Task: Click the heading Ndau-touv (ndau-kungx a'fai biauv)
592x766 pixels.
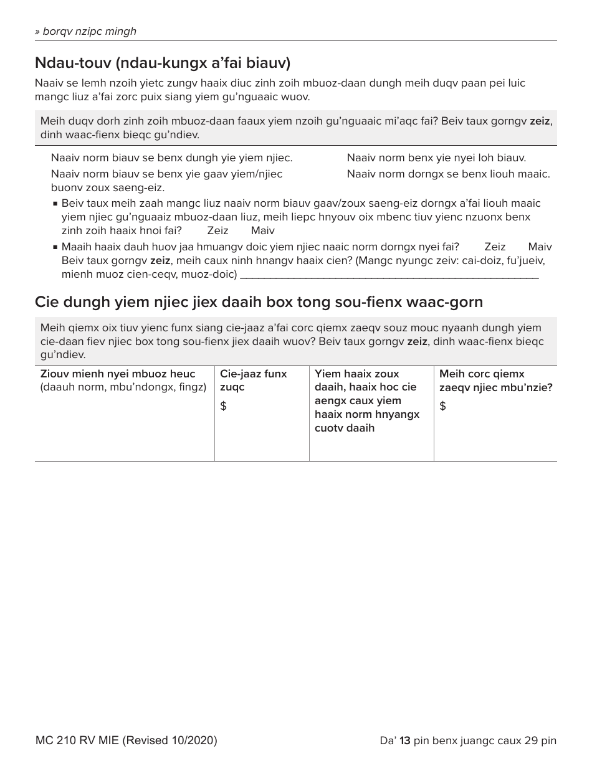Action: coord(163,63)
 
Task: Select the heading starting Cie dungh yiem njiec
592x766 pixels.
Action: coord(259,302)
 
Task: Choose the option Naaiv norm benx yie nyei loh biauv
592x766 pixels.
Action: coord(436,158)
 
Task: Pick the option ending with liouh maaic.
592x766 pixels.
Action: coord(448,174)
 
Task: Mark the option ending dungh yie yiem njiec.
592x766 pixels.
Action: coord(171,158)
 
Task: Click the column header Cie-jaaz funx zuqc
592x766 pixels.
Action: coord(253,381)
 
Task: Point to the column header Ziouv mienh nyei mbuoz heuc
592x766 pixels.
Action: coord(118,374)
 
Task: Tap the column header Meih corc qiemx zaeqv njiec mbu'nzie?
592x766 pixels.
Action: coord(495,381)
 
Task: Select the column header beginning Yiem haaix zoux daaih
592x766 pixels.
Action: coord(367,400)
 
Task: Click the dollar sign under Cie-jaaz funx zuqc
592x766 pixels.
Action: coord(224,407)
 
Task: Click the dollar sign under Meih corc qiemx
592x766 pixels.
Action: coord(443,407)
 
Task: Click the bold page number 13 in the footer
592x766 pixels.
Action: coord(405,740)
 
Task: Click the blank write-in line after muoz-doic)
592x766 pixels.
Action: coord(389,275)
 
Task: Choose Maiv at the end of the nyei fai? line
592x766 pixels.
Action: coord(540,247)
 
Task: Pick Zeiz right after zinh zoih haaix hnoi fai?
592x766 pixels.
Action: coord(217,230)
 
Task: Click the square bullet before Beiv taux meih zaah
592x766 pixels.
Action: coord(55,204)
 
